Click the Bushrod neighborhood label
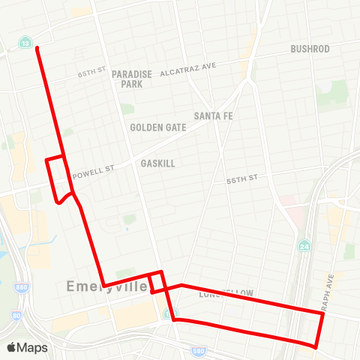(310, 49)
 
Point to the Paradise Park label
(132, 79)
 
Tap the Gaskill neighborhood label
(157, 162)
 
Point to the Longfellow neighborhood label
(226, 293)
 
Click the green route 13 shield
(26, 44)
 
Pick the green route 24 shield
(304, 245)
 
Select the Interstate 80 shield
(16, 316)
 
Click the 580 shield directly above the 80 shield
(16, 286)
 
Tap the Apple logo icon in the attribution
(11, 347)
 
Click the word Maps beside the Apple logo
(32, 347)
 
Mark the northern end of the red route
(36, 48)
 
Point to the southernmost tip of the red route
(316, 347)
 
